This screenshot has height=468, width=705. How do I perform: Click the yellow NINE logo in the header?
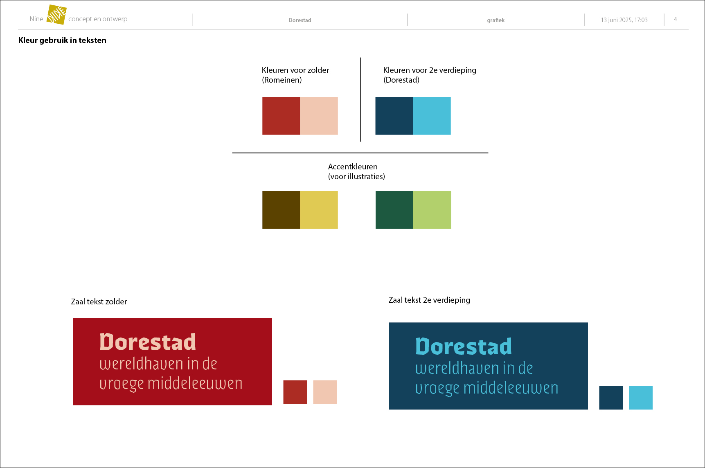(x=56, y=15)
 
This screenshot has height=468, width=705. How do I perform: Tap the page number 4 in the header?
(x=676, y=19)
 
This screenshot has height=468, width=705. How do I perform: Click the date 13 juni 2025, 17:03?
(x=624, y=20)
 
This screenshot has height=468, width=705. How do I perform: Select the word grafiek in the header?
(x=496, y=20)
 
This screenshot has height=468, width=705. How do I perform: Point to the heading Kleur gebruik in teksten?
(x=62, y=40)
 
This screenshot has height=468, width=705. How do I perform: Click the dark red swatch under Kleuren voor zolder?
(x=281, y=116)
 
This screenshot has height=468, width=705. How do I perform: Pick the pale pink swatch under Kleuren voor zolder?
(x=319, y=116)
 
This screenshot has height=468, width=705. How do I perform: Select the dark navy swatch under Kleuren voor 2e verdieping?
(x=394, y=116)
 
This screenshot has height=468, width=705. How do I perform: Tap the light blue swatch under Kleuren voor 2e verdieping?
(x=432, y=116)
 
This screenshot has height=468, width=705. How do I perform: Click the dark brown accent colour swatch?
(x=281, y=210)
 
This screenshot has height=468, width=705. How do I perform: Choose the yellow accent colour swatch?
(x=319, y=210)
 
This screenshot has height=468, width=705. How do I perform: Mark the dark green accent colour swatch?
(x=394, y=210)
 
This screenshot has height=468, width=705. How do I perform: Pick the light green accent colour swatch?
(x=432, y=210)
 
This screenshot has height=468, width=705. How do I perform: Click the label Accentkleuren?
(x=353, y=166)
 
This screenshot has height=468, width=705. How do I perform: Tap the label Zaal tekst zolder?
(x=99, y=301)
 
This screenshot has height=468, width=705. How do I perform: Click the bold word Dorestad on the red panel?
(x=148, y=342)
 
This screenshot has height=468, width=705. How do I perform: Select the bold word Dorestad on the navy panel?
(x=464, y=346)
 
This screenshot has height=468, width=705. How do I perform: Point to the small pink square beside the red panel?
(x=325, y=392)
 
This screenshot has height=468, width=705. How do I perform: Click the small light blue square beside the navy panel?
(x=641, y=398)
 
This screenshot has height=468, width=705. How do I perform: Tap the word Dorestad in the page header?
(x=300, y=20)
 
